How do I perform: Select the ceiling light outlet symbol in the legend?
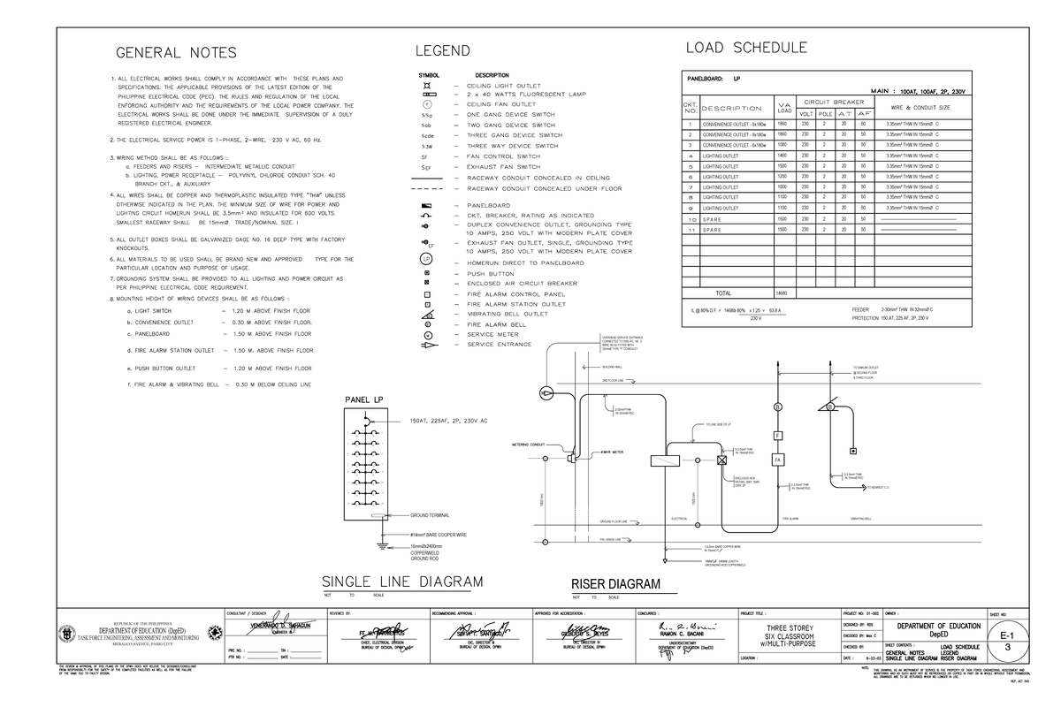point(427,84)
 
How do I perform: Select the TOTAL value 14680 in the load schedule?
point(782,293)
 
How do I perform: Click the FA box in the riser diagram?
point(778,460)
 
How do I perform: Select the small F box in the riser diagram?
point(778,436)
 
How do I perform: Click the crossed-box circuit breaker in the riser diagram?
point(721,460)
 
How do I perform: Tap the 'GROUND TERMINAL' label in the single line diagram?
point(431,515)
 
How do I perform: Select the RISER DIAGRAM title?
point(615,585)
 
